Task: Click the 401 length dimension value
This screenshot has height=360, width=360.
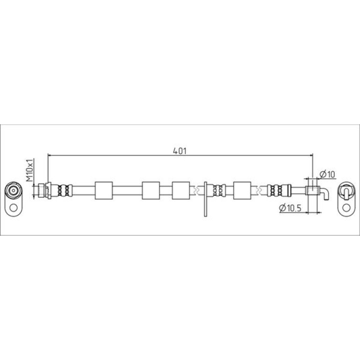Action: pyautogui.click(x=180, y=151)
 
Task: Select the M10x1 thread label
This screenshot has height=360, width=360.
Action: pyautogui.click(x=30, y=170)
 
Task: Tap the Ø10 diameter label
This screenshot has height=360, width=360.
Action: pyautogui.click(x=327, y=174)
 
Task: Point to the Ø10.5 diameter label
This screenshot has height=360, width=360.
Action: pyautogui.click(x=290, y=208)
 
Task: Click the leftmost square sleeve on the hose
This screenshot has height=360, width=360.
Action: pyautogui.click(x=104, y=191)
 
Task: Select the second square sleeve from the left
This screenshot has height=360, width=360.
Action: pyautogui.click(x=151, y=191)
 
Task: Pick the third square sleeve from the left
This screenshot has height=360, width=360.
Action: pyautogui.click(x=181, y=191)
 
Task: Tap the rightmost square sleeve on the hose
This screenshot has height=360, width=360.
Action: pyautogui.click(x=242, y=191)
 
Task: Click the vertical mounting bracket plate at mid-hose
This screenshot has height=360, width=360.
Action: pyautogui.click(x=206, y=199)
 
